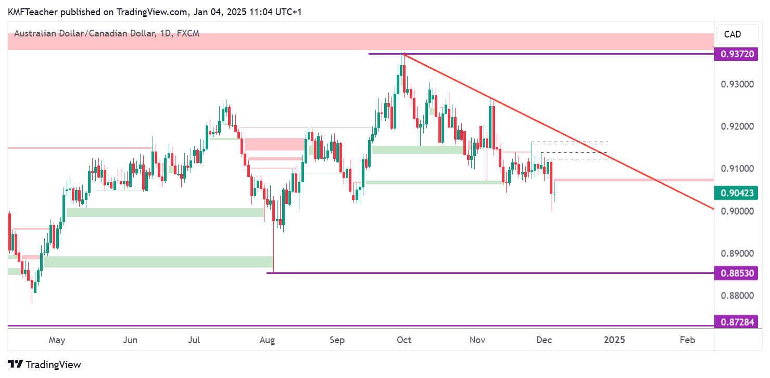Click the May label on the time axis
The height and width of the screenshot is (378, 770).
pos(57,340)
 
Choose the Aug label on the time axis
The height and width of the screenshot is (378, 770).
pos(267,340)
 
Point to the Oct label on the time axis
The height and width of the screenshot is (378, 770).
pos(404,340)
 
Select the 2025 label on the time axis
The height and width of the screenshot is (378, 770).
pos(614,340)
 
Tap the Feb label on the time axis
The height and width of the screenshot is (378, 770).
pos(687,340)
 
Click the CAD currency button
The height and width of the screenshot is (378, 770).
pos(733,34)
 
